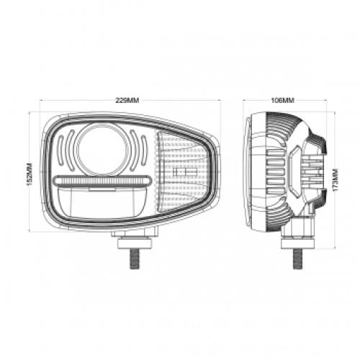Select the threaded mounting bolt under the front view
(x=134, y=258)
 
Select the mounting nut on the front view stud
(x=134, y=243)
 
